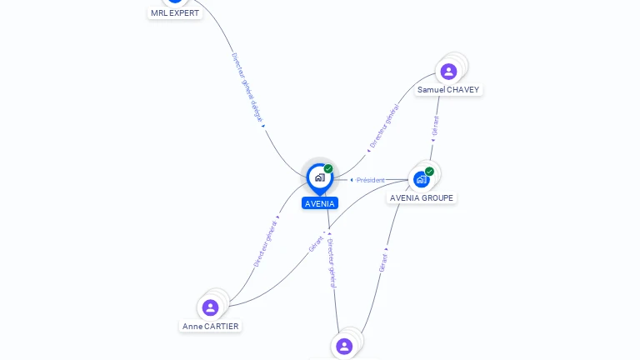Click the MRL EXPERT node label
coord(175,13)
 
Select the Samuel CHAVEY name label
coord(448,90)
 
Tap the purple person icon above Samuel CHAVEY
coord(448,72)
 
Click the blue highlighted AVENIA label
coord(320,203)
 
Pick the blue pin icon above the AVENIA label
coord(319,177)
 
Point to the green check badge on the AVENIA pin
coord(328,169)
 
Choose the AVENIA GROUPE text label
coord(422,198)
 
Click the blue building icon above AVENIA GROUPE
coord(422,178)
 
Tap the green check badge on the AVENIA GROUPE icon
coord(429,172)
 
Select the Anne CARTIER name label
coord(211,327)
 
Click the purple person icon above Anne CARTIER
coord(210,307)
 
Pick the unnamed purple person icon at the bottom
coord(344,346)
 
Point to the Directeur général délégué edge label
coord(247,87)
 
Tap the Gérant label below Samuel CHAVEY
coord(435,126)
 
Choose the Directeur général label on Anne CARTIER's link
coord(266,242)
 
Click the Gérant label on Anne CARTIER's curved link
coord(316,243)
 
